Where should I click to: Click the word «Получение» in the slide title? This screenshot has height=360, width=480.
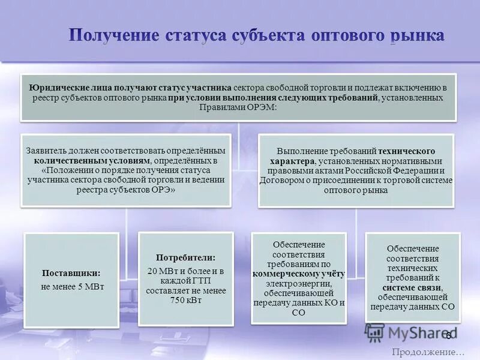click(113, 34)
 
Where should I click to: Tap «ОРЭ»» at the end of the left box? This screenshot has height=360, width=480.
click(162, 189)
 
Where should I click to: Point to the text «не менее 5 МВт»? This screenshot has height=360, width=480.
click(73, 286)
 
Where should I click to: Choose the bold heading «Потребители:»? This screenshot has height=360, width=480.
click(185, 257)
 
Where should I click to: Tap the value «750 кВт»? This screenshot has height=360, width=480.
click(185, 301)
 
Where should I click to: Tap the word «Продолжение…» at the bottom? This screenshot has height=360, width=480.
click(428, 352)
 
